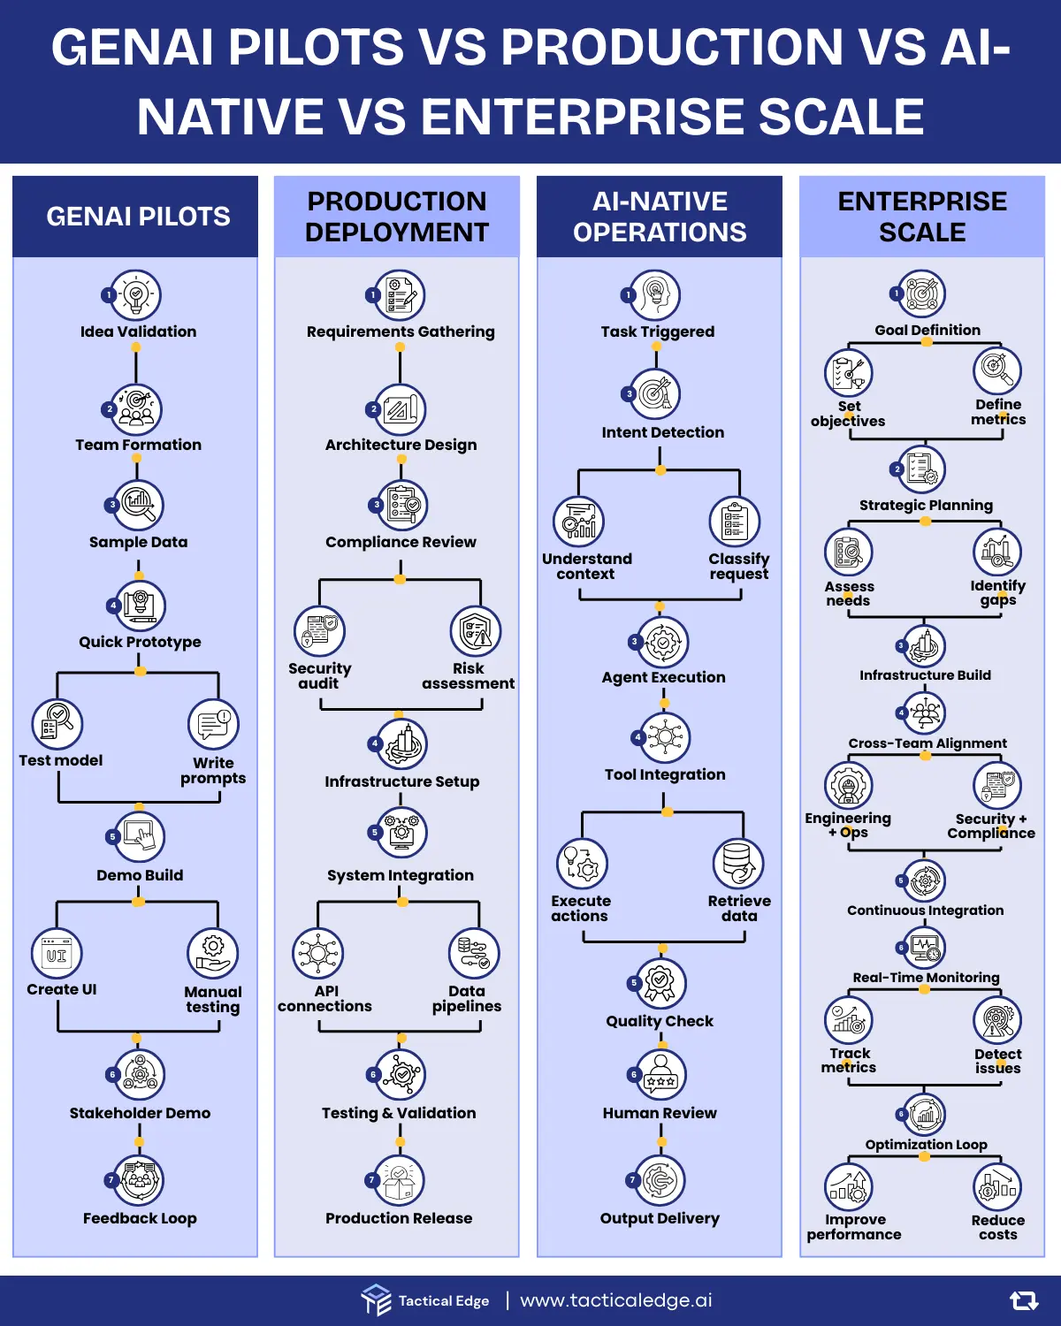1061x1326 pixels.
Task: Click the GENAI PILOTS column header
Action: (x=138, y=217)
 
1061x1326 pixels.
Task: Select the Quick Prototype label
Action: (x=140, y=642)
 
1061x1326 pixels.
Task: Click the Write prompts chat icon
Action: (x=214, y=725)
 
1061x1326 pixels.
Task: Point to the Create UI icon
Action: (x=57, y=955)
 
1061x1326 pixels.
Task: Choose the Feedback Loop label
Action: (x=140, y=1218)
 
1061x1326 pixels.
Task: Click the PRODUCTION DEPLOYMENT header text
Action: (x=397, y=217)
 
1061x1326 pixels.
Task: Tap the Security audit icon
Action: (x=319, y=631)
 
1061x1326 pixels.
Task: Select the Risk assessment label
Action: (x=468, y=676)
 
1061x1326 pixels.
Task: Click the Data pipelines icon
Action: (x=475, y=953)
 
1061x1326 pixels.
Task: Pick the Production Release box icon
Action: (x=399, y=1180)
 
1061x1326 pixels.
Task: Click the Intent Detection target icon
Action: (x=655, y=393)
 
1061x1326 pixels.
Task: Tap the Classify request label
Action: (x=738, y=567)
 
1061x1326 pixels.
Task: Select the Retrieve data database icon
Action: (x=738, y=863)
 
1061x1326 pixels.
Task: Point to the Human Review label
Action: (x=660, y=1113)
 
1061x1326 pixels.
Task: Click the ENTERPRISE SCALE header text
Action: (x=922, y=217)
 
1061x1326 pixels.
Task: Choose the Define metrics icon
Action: (x=997, y=370)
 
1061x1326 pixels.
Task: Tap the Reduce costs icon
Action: (x=997, y=1186)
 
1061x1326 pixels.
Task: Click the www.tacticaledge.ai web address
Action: (x=616, y=1300)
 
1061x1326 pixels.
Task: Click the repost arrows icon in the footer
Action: (x=1024, y=1300)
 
